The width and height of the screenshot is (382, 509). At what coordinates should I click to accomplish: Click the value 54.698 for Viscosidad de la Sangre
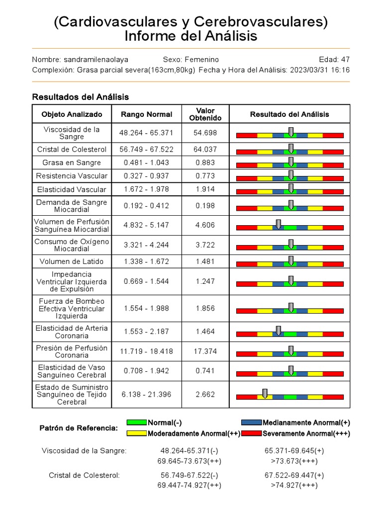205,133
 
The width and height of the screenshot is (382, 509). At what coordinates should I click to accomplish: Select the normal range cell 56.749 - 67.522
146,149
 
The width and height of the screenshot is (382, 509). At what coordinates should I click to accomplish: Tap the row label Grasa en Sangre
72,163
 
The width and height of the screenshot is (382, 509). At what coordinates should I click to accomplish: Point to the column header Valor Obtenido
205,114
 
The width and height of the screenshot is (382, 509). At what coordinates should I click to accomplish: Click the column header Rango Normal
146,114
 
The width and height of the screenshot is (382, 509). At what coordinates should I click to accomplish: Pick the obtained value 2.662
205,394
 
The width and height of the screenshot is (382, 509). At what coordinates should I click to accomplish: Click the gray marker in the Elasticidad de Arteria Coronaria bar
279,331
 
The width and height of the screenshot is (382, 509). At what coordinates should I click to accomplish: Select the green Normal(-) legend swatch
136,423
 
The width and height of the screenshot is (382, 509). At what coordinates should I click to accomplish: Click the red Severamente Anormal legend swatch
252,433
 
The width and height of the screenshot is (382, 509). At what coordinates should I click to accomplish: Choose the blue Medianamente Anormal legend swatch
252,423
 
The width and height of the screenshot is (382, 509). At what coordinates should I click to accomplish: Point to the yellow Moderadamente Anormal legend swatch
136,433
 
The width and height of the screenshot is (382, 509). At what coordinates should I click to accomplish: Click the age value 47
345,59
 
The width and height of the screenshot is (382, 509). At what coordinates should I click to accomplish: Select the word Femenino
201,59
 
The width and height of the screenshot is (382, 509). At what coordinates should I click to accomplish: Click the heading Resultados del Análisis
80,97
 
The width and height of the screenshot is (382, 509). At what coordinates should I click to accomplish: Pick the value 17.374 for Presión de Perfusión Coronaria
205,351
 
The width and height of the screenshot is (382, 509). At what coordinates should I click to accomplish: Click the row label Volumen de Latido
72,261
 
